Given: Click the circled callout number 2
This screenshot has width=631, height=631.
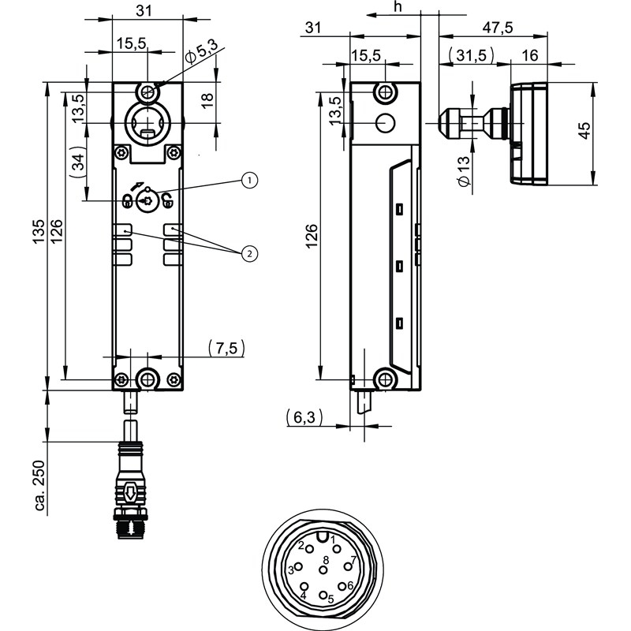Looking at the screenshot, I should (x=249, y=253).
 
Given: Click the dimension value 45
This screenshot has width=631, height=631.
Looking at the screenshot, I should (x=584, y=131).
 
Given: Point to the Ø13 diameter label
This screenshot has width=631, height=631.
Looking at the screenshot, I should (x=463, y=171).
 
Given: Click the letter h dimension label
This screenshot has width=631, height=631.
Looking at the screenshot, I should (x=398, y=7).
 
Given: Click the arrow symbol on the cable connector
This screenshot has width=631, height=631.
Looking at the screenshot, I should (x=129, y=494).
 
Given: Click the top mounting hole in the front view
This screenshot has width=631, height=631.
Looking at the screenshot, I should (x=147, y=91).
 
